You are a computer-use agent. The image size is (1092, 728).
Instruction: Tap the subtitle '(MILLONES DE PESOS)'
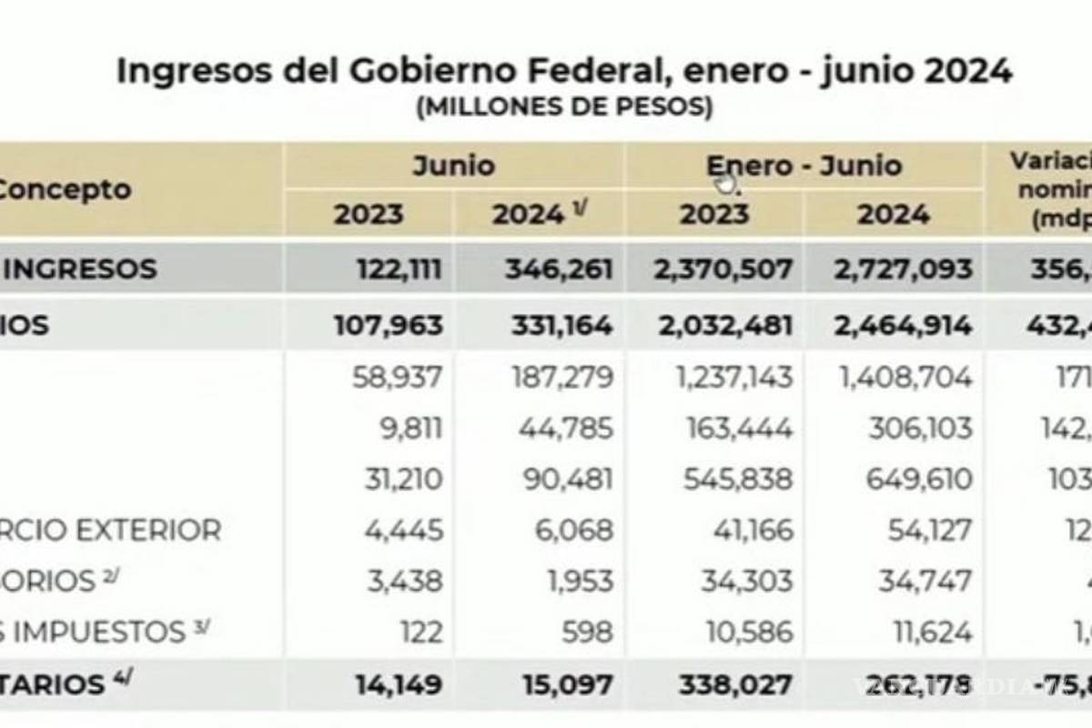564,107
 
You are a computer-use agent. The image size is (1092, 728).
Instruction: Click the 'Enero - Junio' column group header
804,166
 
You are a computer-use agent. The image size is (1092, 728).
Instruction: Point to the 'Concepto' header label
64,189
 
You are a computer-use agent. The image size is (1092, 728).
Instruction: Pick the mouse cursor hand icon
726,185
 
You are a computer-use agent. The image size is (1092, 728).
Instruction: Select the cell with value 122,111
389,269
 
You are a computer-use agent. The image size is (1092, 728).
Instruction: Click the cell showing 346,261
552,269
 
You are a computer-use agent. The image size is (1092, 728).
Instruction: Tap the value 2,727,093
902,269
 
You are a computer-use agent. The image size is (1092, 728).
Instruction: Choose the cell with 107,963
389,325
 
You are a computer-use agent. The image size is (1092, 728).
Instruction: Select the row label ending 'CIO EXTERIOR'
109,530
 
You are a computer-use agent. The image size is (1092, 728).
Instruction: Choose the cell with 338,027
735,684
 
